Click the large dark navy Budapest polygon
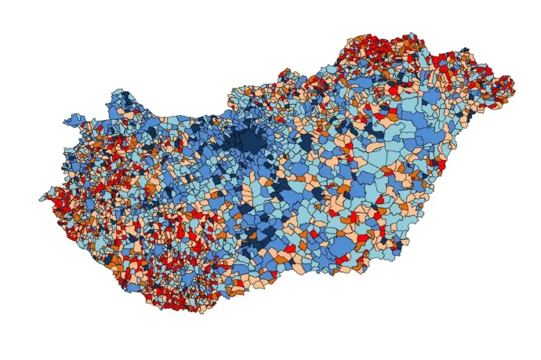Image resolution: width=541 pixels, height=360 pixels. coord(251,141)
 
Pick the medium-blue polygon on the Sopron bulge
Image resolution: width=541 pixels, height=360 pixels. coord(74,121)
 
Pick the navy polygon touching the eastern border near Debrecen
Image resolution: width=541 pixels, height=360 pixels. coord(453,141)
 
